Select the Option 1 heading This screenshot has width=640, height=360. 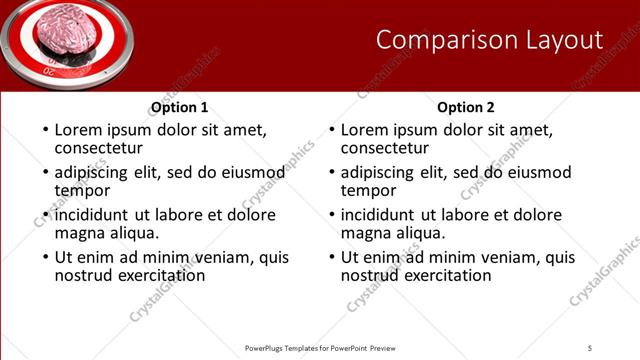point(180,107)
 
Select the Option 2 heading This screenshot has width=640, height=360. point(466,107)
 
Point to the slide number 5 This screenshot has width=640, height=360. point(591,347)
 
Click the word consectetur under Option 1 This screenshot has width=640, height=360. point(101,149)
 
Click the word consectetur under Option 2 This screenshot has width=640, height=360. point(387,149)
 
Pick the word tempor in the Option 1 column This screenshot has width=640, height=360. point(82,190)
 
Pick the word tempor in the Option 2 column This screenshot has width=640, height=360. point(368,190)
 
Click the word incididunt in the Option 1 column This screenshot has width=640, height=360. point(93,215)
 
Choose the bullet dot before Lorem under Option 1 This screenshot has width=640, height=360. point(44,131)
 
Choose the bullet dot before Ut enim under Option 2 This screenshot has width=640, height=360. point(330,257)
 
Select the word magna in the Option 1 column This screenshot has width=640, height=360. point(79,233)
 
